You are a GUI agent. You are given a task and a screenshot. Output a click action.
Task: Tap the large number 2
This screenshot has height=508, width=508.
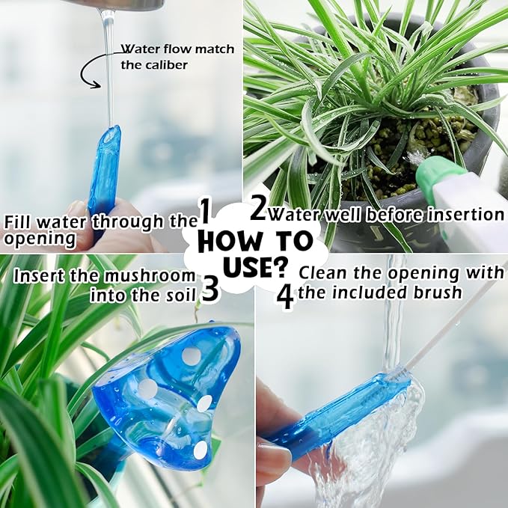tap(258, 209)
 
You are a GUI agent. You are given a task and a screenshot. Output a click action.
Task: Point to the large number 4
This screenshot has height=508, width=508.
tap(285, 296)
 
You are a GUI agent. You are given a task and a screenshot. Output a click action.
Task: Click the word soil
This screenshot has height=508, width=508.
tap(181, 294)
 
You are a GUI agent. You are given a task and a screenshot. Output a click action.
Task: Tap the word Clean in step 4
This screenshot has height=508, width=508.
tap(323, 272)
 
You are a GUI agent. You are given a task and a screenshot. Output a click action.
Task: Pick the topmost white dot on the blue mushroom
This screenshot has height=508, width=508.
tap(192, 356)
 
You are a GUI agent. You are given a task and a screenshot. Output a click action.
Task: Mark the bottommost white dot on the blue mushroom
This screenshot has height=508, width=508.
tap(200, 450)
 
